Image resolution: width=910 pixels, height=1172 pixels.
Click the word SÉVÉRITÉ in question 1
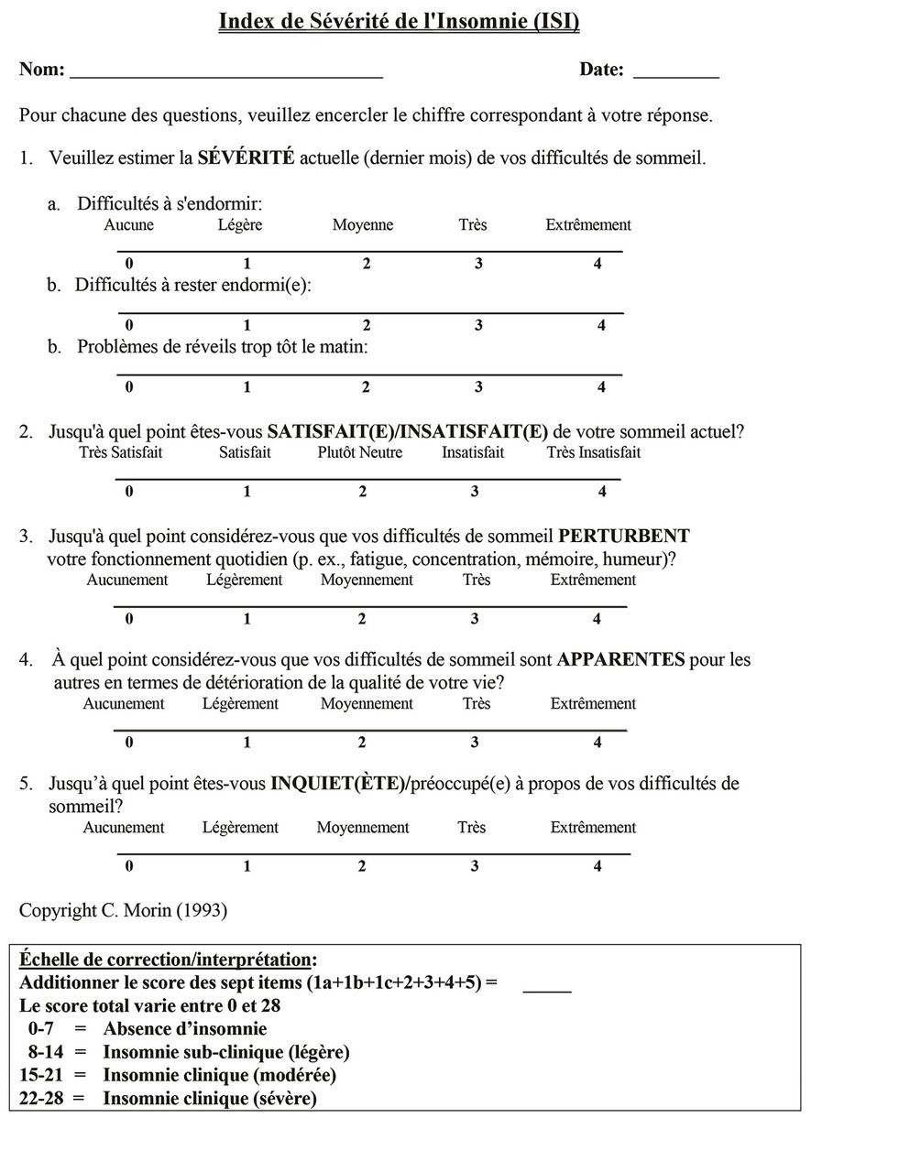[x=246, y=157]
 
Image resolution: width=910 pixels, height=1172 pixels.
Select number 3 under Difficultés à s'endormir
[x=478, y=264]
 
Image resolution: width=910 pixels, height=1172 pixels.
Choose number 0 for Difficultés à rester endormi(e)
[x=129, y=325]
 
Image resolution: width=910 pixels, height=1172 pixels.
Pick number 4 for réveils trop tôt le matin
[x=601, y=387]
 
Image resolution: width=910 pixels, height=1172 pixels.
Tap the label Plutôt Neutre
[x=360, y=452]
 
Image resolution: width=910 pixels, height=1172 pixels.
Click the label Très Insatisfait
[x=594, y=452]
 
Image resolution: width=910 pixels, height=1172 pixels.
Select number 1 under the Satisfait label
[x=247, y=492]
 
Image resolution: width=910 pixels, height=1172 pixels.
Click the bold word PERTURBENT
[x=624, y=536]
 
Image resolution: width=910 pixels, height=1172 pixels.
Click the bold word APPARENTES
[x=620, y=659]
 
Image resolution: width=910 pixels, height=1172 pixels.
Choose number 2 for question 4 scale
[x=362, y=743]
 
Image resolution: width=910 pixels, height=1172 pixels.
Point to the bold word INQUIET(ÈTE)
[x=337, y=784]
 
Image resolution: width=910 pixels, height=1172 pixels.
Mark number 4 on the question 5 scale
[x=598, y=866]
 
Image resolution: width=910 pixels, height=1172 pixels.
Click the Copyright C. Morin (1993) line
[x=123, y=910]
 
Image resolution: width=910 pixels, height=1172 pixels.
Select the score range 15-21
[x=41, y=1075]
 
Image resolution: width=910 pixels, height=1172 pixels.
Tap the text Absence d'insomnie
[x=185, y=1029]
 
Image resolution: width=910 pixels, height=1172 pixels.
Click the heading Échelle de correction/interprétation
[x=168, y=960]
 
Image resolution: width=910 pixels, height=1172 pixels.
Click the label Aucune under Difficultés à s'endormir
[x=129, y=225]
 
